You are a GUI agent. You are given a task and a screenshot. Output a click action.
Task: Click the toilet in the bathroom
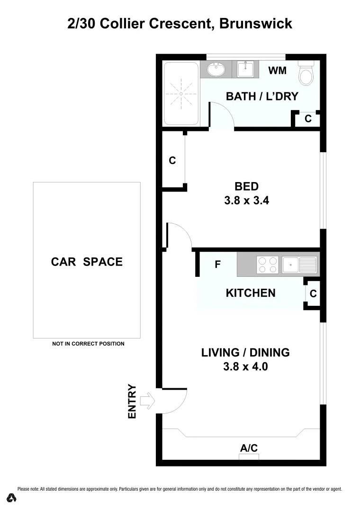[306, 74]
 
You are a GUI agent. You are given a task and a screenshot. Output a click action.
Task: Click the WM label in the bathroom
[278, 71]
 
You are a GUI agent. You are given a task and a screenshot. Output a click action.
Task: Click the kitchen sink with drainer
[299, 265]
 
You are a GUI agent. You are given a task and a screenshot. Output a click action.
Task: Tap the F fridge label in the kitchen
[218, 265]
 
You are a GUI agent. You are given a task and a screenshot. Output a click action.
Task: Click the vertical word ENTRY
[132, 401]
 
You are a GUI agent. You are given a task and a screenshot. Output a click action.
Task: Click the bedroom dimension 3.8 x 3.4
[246, 201]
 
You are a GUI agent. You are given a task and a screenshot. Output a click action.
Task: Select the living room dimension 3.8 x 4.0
[245, 366]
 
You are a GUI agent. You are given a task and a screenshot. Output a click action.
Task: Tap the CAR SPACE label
[87, 262]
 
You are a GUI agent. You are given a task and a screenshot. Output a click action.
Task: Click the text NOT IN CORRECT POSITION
[88, 344]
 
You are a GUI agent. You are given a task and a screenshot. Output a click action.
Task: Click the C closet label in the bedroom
[172, 161]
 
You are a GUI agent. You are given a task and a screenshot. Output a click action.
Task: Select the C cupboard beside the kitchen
[313, 294]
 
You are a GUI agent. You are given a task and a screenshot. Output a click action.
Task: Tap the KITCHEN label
[251, 293]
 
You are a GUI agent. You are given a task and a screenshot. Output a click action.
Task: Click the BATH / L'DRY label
[262, 96]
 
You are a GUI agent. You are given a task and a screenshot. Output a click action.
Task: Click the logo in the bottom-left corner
[12, 498]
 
